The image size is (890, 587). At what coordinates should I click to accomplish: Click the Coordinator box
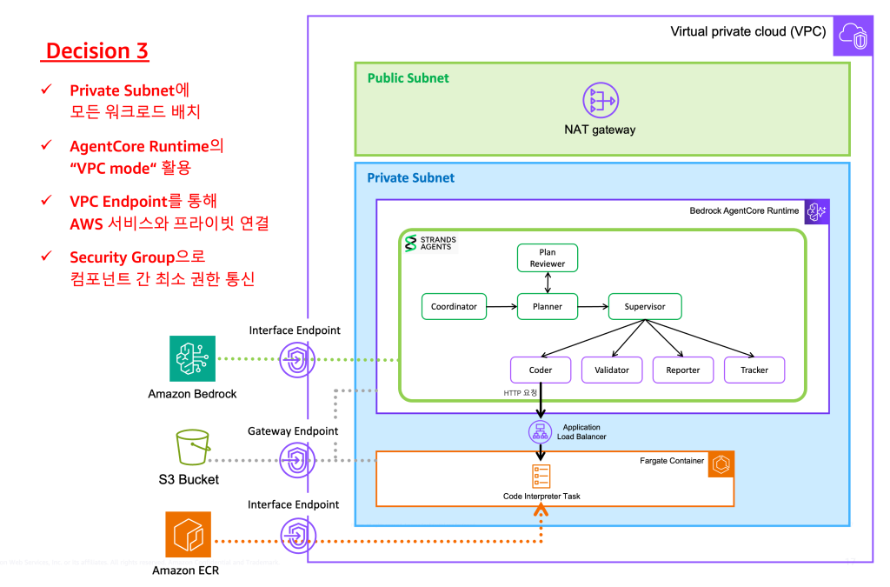point(454,306)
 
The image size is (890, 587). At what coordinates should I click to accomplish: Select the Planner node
point(548,306)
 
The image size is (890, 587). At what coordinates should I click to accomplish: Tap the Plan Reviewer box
point(547,257)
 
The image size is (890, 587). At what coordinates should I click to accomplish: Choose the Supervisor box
point(644,306)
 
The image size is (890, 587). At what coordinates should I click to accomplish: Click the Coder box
point(541,370)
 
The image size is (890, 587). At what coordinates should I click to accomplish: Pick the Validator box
point(611,370)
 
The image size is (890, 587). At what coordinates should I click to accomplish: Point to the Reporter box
point(682,370)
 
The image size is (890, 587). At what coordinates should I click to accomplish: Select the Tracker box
point(754,370)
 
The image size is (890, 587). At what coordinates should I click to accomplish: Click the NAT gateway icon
point(600,101)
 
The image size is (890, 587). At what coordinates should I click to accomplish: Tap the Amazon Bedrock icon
point(192,358)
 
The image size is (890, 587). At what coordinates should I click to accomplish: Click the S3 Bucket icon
point(192,449)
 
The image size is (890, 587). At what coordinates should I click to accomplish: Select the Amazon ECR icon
point(189,535)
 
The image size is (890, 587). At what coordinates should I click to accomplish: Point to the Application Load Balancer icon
point(541,430)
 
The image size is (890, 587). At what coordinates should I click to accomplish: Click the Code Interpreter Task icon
point(541,477)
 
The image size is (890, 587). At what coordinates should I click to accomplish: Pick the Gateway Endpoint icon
point(297,459)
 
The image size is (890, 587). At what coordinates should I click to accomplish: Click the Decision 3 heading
point(96,51)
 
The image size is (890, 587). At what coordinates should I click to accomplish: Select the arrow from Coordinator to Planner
point(501,306)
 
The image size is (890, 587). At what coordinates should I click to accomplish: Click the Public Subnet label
point(408,78)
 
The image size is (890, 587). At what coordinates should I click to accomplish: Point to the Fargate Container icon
point(721,464)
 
